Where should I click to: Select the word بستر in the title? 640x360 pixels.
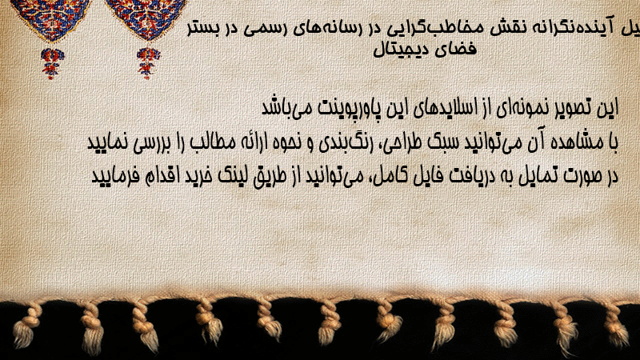[x=203, y=30]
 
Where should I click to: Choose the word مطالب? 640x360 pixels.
[x=214, y=142]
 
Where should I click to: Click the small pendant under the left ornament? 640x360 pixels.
[x=51, y=62]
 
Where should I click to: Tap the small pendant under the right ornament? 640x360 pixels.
[x=148, y=62]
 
